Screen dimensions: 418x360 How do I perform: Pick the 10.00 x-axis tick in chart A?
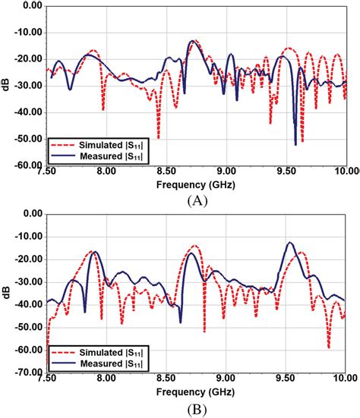pyautogui.click(x=345, y=173)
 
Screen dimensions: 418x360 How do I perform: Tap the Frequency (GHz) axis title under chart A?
pyautogui.click(x=196, y=184)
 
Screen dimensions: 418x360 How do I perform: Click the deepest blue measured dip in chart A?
pyautogui.click(x=295, y=143)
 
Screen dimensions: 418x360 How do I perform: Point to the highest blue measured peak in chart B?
pyautogui.click(x=289, y=243)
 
